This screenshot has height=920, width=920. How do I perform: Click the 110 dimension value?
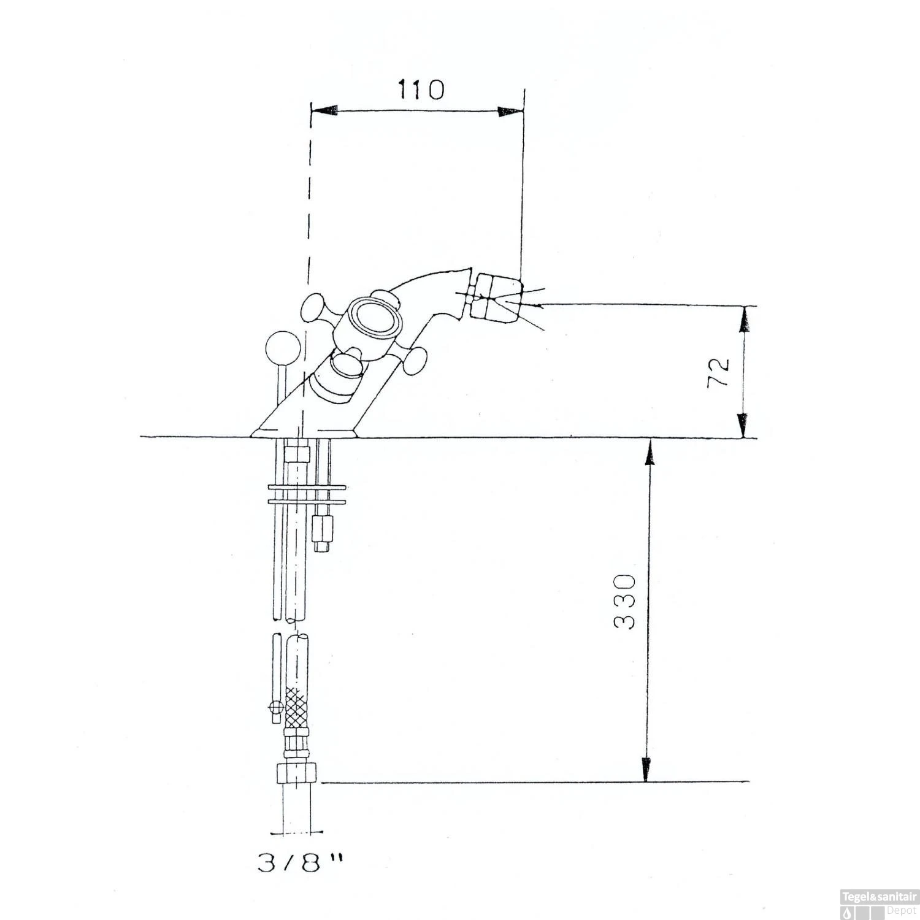pos(421,90)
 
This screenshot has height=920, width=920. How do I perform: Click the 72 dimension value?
pos(719,371)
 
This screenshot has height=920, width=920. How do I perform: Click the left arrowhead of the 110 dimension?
pos(325,111)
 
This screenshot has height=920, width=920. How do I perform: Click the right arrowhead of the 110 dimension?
pos(510,111)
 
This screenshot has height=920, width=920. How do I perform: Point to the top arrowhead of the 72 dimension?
pos(743,319)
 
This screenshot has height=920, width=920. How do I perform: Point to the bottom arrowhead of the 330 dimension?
pos(646,769)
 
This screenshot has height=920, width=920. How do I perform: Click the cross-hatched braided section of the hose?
pos(297,707)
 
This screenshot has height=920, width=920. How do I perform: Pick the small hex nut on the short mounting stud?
pos(323,527)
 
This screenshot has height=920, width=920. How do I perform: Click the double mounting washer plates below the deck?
pos(307,495)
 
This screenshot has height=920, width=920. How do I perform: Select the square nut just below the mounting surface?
pos(297,454)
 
